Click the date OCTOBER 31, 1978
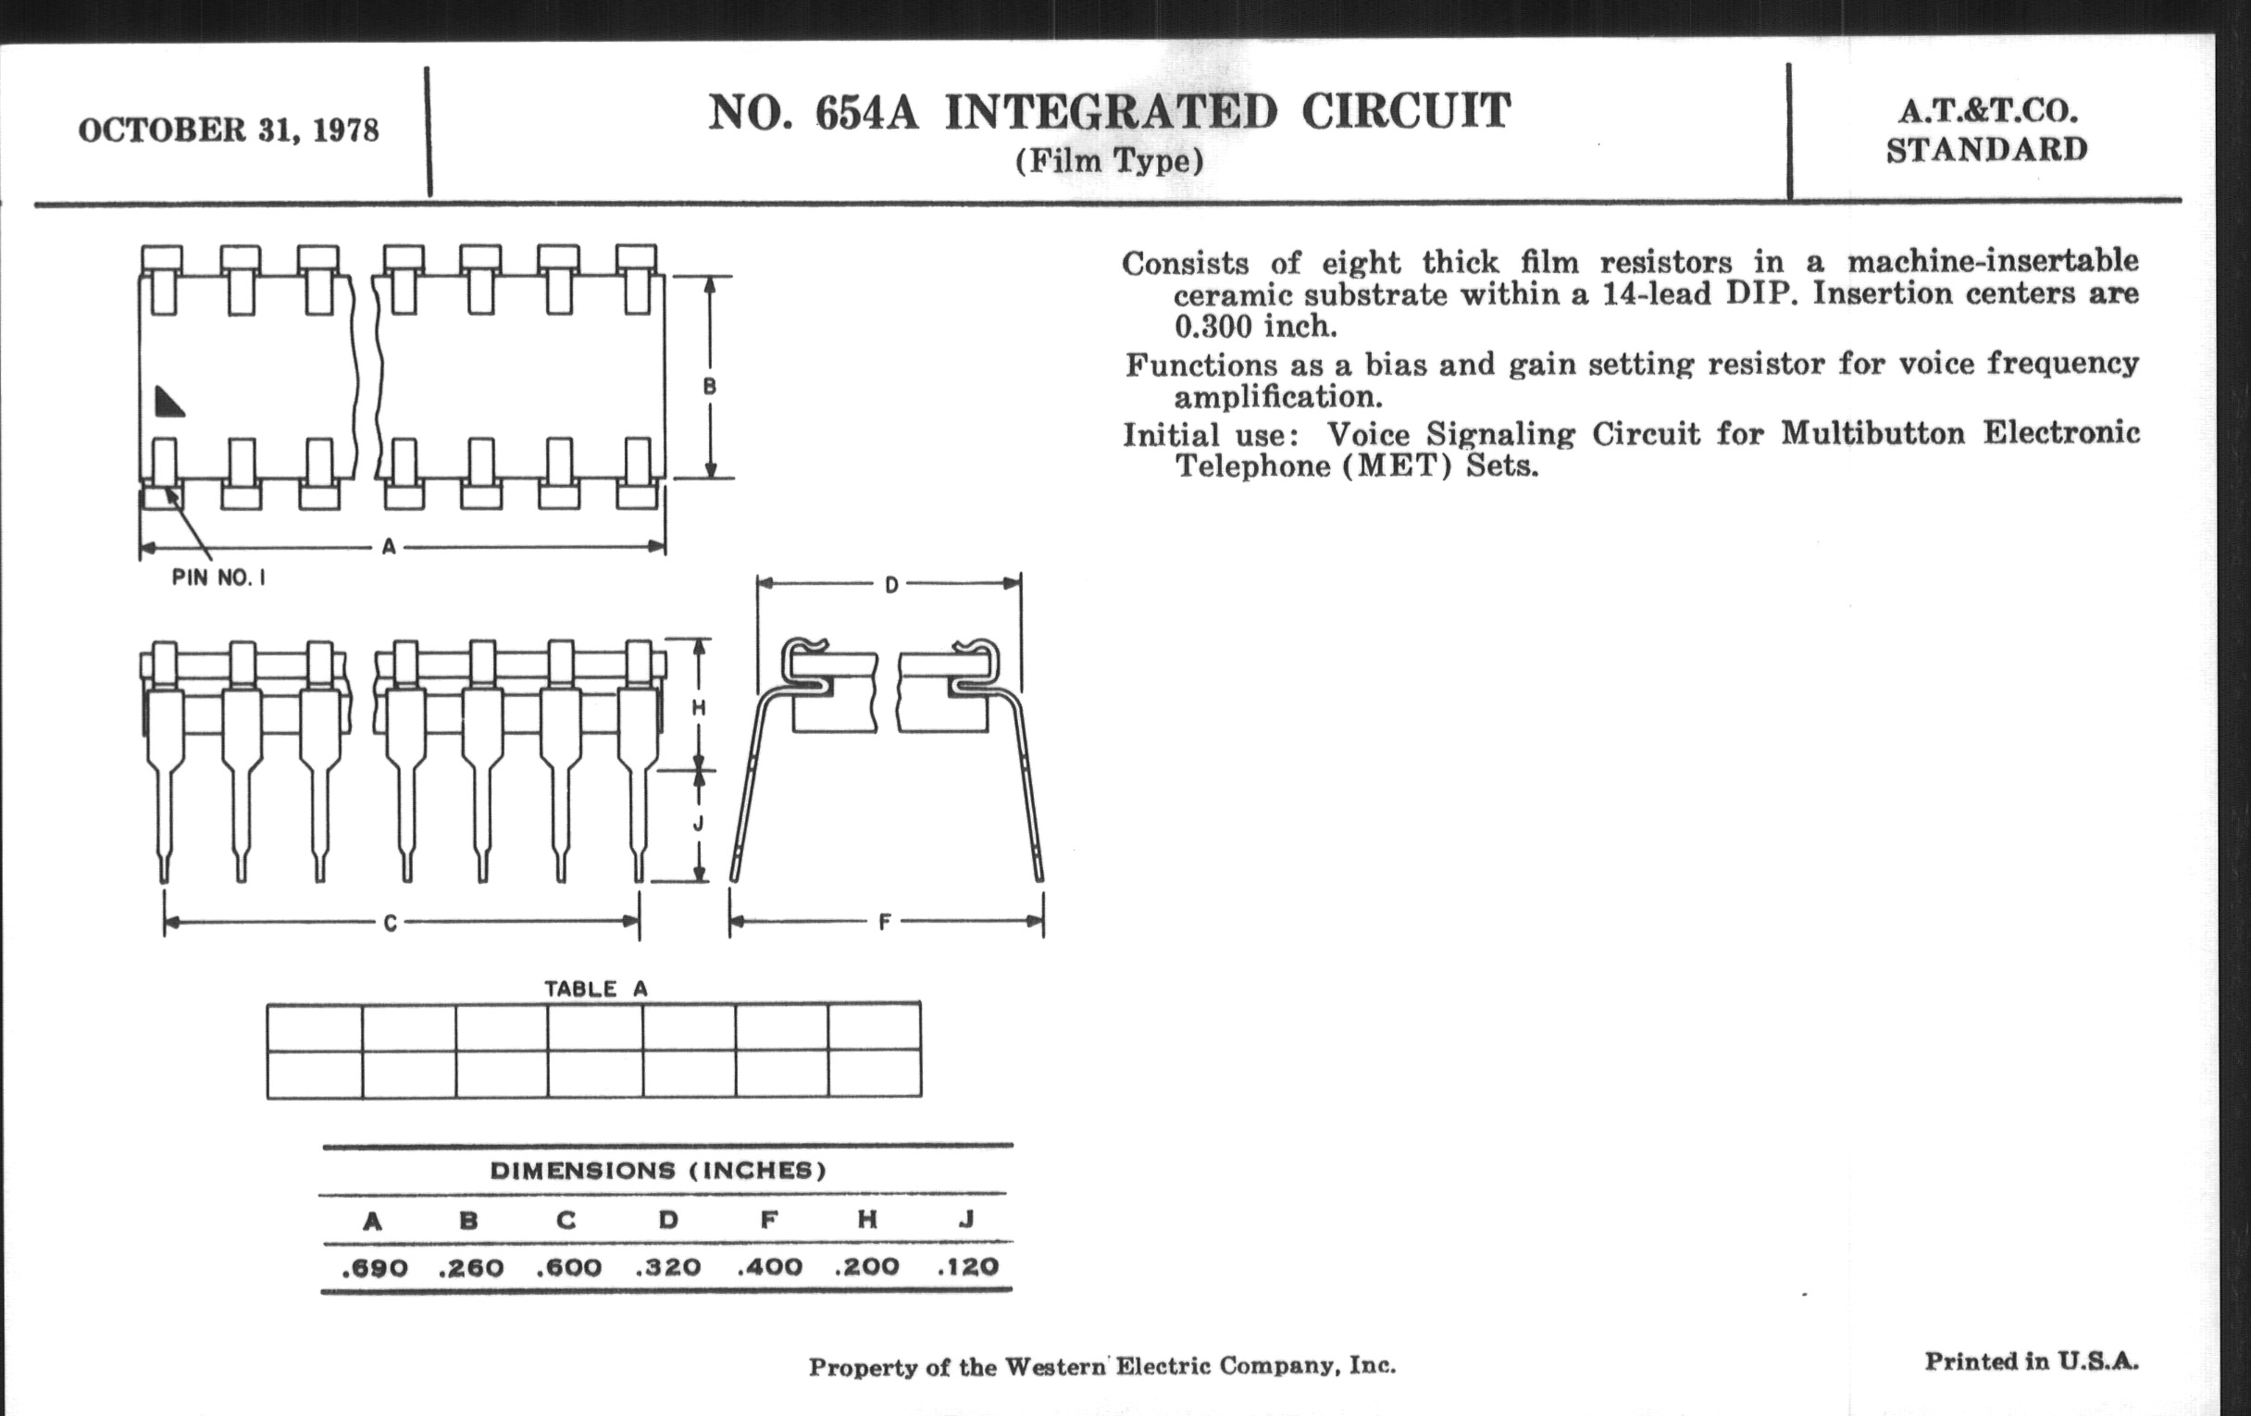pos(229,130)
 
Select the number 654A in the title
pos(866,113)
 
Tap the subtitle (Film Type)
pos(1110,162)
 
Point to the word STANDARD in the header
pos(1986,150)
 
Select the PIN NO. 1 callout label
pos(218,578)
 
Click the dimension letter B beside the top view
pos(710,386)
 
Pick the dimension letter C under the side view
pos(391,924)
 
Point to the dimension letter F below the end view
pos(884,923)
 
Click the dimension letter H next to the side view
pos(698,709)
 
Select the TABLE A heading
pos(595,988)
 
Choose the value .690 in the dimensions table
pos(375,1268)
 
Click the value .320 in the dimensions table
pos(668,1267)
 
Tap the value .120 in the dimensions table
pos(968,1266)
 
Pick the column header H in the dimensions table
pos(867,1219)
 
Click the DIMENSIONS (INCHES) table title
pos(659,1170)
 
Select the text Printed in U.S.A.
pos(2032,1361)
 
